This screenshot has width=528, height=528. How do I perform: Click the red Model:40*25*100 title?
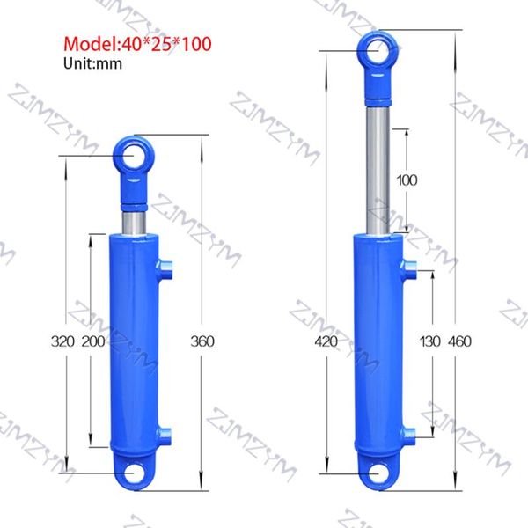tap(137, 44)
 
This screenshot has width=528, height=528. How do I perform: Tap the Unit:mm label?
tap(92, 63)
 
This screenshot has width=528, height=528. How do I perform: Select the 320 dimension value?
tap(62, 341)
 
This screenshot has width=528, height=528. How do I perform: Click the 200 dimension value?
tap(93, 341)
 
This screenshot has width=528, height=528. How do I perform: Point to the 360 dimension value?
tap(202, 341)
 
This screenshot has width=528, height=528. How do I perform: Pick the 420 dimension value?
tap(326, 341)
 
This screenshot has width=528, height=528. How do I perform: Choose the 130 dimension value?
tap(430, 341)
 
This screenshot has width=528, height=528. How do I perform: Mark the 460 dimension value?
tap(459, 341)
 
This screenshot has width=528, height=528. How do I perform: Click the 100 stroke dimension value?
tap(407, 180)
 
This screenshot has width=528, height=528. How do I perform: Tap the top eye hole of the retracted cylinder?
tap(134, 156)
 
